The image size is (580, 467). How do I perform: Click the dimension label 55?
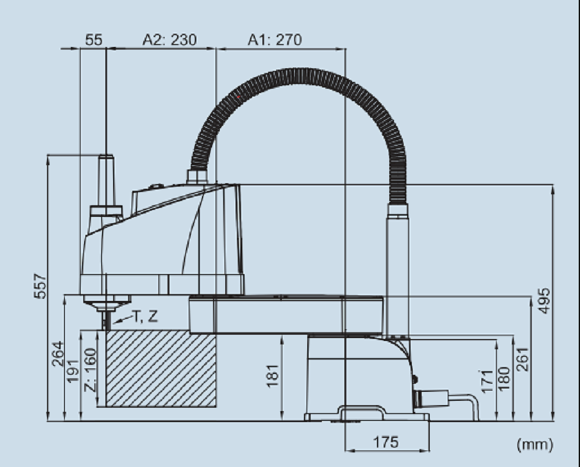[94, 39]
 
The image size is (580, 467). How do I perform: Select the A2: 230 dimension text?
[169, 39]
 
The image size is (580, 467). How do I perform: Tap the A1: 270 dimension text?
[275, 39]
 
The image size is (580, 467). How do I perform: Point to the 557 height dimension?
[41, 286]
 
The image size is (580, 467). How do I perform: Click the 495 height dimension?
[543, 301]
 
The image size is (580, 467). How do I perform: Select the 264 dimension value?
[58, 354]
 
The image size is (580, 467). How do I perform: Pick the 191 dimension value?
[72, 371]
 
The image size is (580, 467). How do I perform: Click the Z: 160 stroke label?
[90, 370]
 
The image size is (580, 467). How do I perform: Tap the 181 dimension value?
[273, 375]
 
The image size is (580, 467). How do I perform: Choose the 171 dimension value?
[487, 381]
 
